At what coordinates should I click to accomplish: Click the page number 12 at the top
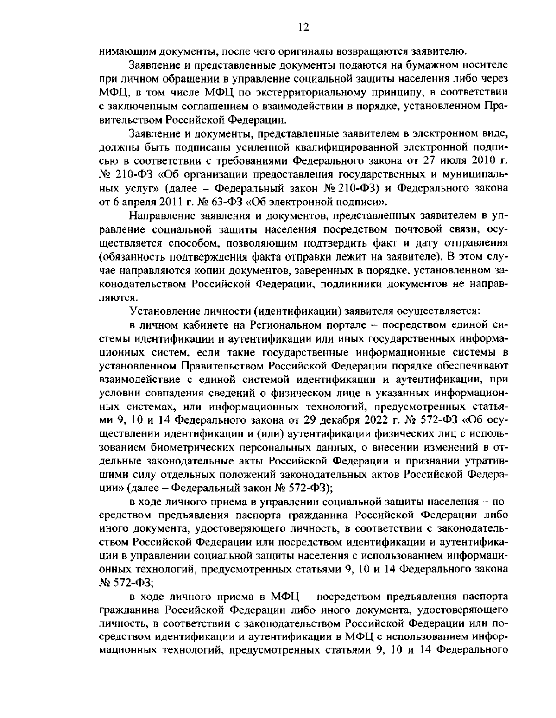(x=304, y=27)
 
